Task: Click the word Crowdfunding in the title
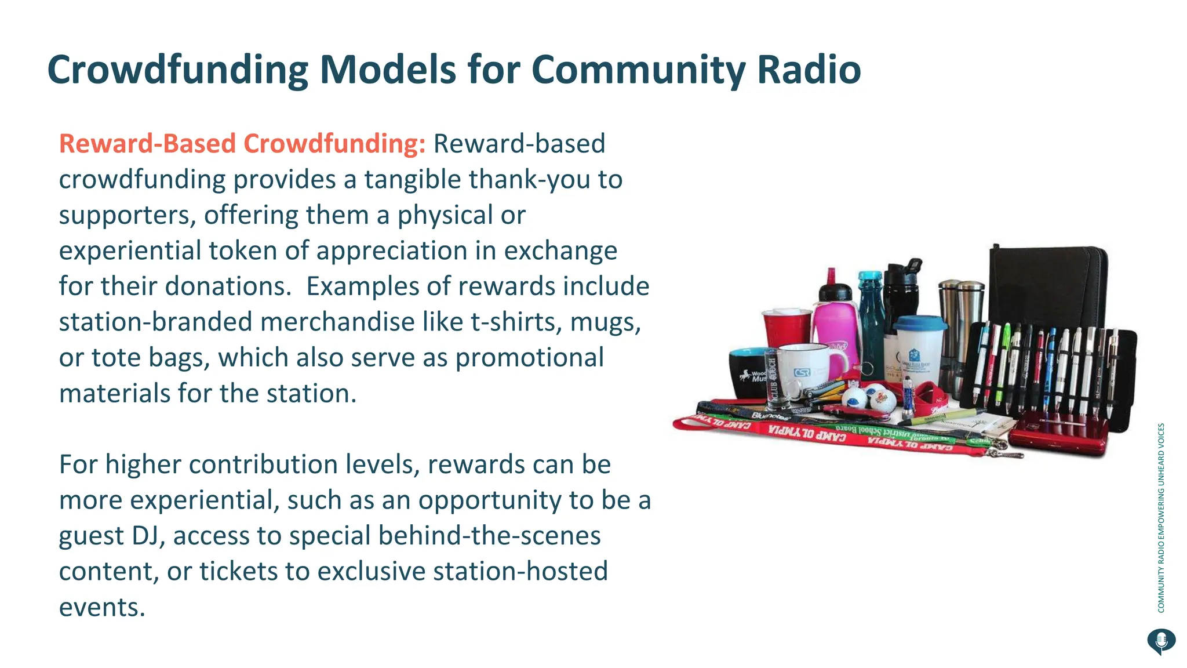click(x=177, y=70)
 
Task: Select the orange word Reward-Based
click(x=147, y=144)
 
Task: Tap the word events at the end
click(x=102, y=608)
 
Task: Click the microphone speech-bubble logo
click(x=1161, y=641)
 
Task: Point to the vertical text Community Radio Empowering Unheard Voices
click(x=1161, y=517)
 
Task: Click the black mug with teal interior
click(x=748, y=372)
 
